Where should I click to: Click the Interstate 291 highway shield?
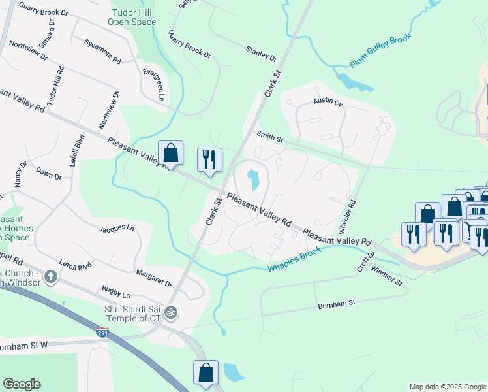pyautogui.click(x=102, y=333)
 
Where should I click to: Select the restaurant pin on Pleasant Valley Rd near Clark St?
pyautogui.click(x=209, y=160)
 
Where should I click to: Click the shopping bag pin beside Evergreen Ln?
pyautogui.click(x=170, y=154)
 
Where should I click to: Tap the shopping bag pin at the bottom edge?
pyautogui.click(x=206, y=372)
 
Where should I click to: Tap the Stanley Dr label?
pyautogui.click(x=261, y=54)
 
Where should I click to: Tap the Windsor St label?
pyautogui.click(x=387, y=276)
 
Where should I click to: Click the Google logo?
pyautogui.click(x=22, y=384)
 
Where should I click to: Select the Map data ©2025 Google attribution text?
pyautogui.click(x=447, y=387)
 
